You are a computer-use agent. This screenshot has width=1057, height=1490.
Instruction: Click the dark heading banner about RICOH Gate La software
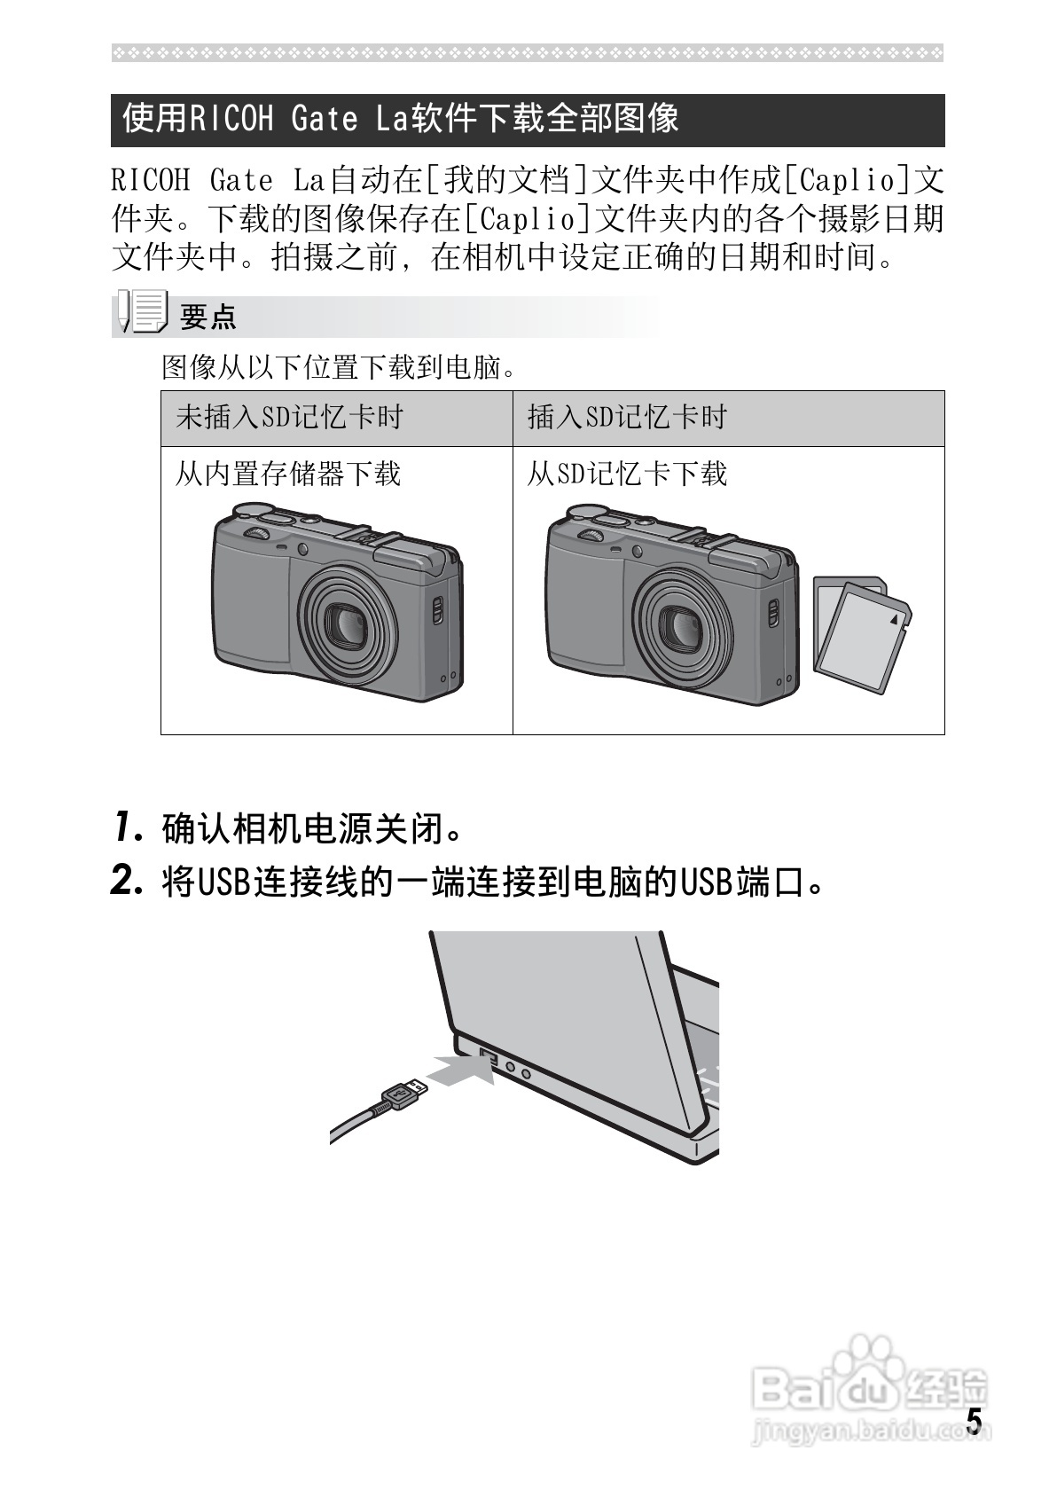(x=528, y=120)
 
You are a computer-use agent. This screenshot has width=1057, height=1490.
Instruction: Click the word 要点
(x=208, y=317)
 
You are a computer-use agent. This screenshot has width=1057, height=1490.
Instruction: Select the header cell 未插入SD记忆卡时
(x=290, y=417)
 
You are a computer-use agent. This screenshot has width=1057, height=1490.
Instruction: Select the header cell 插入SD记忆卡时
(x=627, y=417)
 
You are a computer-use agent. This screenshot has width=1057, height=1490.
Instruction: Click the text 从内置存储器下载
(x=287, y=474)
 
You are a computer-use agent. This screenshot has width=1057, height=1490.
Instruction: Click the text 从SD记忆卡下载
(x=627, y=474)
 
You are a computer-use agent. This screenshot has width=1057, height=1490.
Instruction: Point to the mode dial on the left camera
(x=258, y=533)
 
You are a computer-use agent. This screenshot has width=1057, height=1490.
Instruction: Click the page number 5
(x=974, y=1421)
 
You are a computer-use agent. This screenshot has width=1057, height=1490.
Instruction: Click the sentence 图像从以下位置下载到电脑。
(x=340, y=366)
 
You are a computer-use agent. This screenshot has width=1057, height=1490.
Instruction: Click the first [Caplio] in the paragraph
(x=846, y=181)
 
